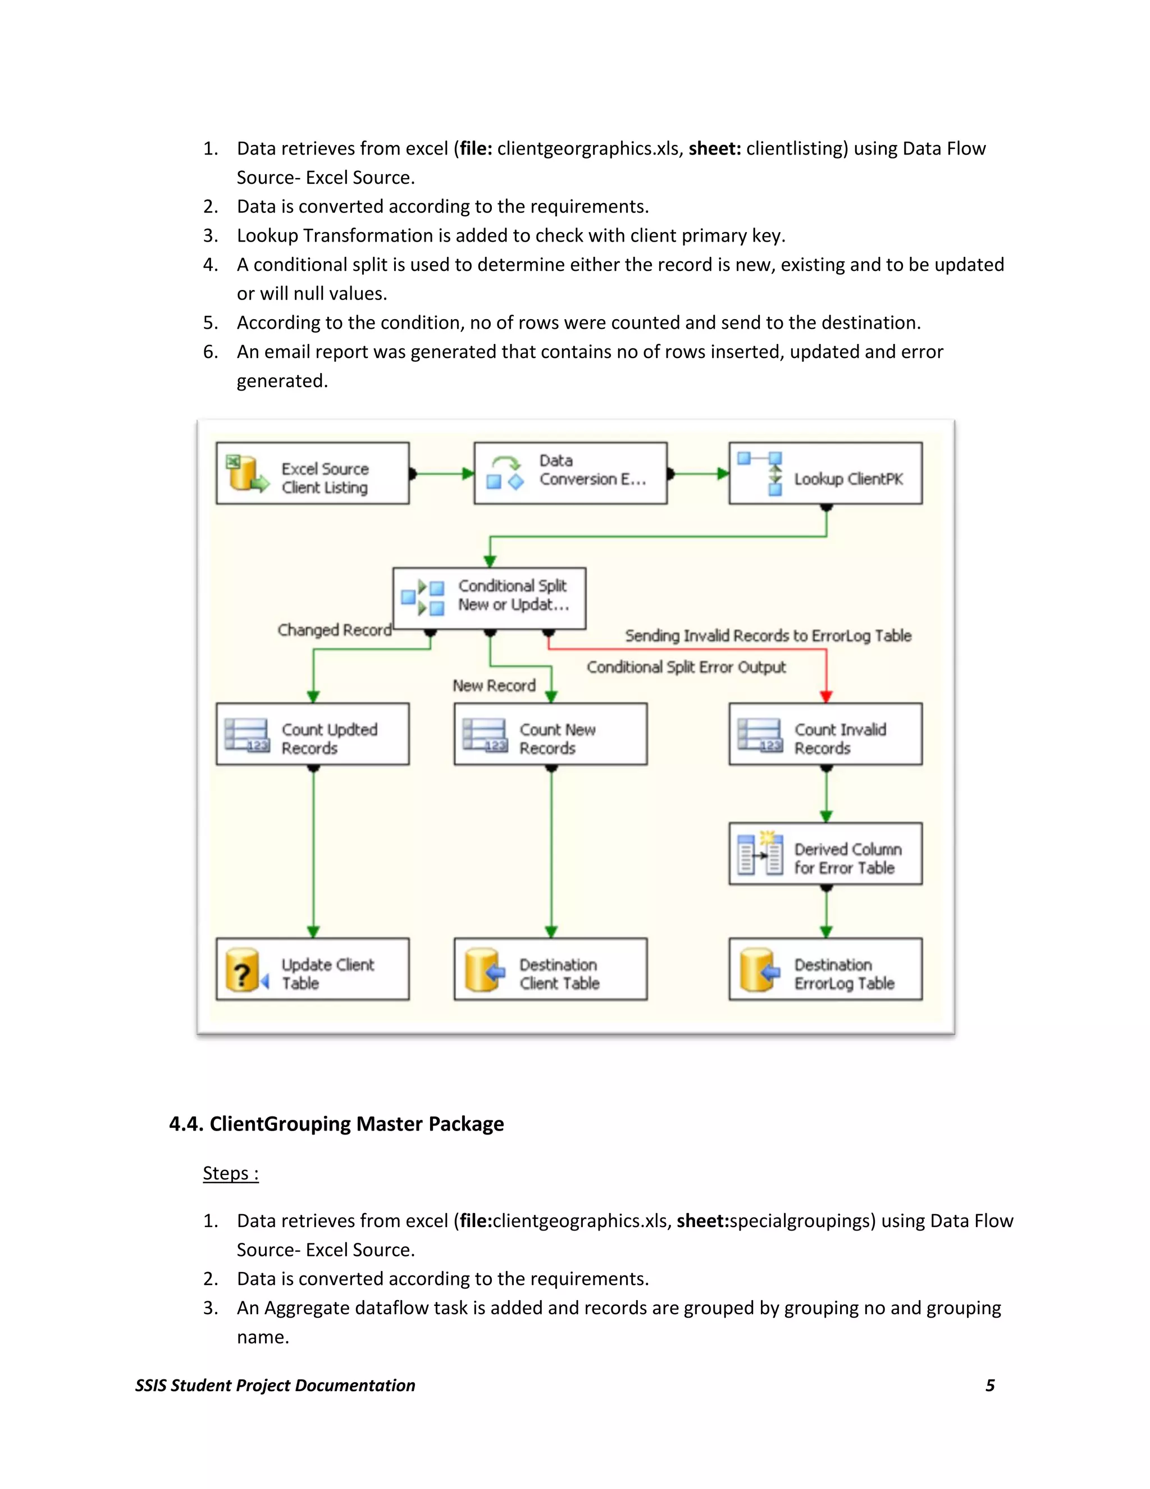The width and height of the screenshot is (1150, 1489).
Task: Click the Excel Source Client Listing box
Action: coord(313,473)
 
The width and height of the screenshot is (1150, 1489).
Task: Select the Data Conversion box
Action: coord(571,473)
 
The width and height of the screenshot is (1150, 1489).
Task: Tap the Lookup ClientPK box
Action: coord(825,473)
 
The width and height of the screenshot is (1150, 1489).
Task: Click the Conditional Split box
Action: coord(489,598)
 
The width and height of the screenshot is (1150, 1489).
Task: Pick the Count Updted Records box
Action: coord(313,734)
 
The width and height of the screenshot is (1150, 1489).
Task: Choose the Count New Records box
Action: coord(550,734)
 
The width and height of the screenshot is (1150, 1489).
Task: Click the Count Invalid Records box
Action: coord(825,734)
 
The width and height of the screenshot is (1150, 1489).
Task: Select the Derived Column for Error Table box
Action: coord(825,854)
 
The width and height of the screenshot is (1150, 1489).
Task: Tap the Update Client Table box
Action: coord(313,969)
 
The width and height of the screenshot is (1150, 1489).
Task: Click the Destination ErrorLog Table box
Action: coord(825,969)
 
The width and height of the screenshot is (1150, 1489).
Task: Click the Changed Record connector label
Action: coord(334,630)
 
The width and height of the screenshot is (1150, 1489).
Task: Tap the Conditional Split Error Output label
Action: coord(686,667)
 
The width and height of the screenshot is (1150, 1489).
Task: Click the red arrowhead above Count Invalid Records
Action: coord(827,696)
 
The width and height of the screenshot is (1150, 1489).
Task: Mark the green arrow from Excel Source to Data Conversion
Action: coord(443,473)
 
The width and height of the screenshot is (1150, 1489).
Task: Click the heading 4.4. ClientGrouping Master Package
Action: coord(336,1124)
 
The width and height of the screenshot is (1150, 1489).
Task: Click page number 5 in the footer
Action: coord(990,1386)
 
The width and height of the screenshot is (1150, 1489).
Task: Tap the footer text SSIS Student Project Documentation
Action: coord(275,1386)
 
